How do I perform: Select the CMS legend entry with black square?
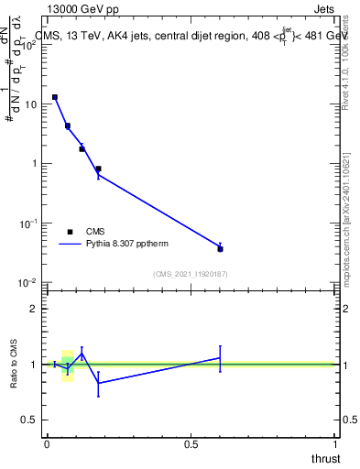(x=71, y=232)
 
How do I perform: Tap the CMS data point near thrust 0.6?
(x=221, y=248)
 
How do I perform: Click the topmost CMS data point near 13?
(x=55, y=97)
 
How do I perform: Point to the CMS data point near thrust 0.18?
(x=98, y=169)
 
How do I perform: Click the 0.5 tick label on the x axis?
(x=191, y=444)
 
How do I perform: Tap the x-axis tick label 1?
(x=336, y=444)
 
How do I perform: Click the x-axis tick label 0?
(x=47, y=444)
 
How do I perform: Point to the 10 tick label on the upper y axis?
(x=30, y=104)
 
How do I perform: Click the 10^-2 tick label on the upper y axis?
(x=28, y=282)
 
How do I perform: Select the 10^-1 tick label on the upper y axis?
(x=28, y=223)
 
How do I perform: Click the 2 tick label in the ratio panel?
(x=35, y=309)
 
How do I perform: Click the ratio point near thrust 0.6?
(x=221, y=357)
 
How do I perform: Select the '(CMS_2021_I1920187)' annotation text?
(x=191, y=274)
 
